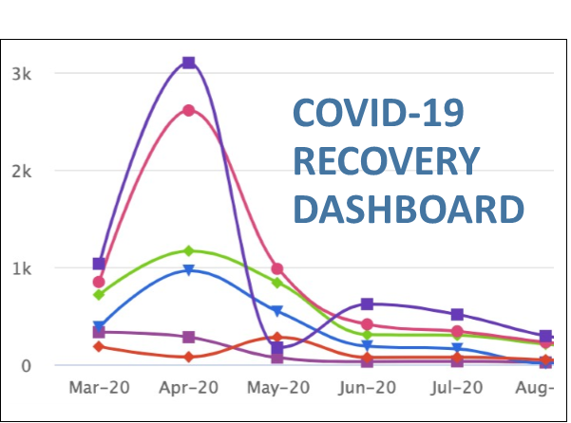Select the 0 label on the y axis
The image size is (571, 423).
coord(25,366)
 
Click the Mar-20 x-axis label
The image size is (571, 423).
coord(99,388)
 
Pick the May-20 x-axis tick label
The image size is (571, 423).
coord(277,388)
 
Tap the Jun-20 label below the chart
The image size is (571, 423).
coord(368,388)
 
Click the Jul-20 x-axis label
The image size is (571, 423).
coord(457,388)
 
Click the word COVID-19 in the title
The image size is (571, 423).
coord(379,117)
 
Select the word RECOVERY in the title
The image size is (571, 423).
coord(385,162)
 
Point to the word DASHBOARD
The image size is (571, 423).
coord(409,208)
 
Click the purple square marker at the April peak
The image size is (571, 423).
coord(188,63)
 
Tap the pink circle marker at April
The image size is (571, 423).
coord(188,110)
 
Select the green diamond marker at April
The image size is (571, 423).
coord(188,251)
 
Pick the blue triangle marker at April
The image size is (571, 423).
coord(188,270)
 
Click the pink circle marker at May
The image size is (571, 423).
coord(277,269)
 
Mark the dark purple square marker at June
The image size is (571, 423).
coord(368,304)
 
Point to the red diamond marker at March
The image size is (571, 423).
coord(99,346)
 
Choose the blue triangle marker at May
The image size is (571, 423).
coord(277,311)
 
